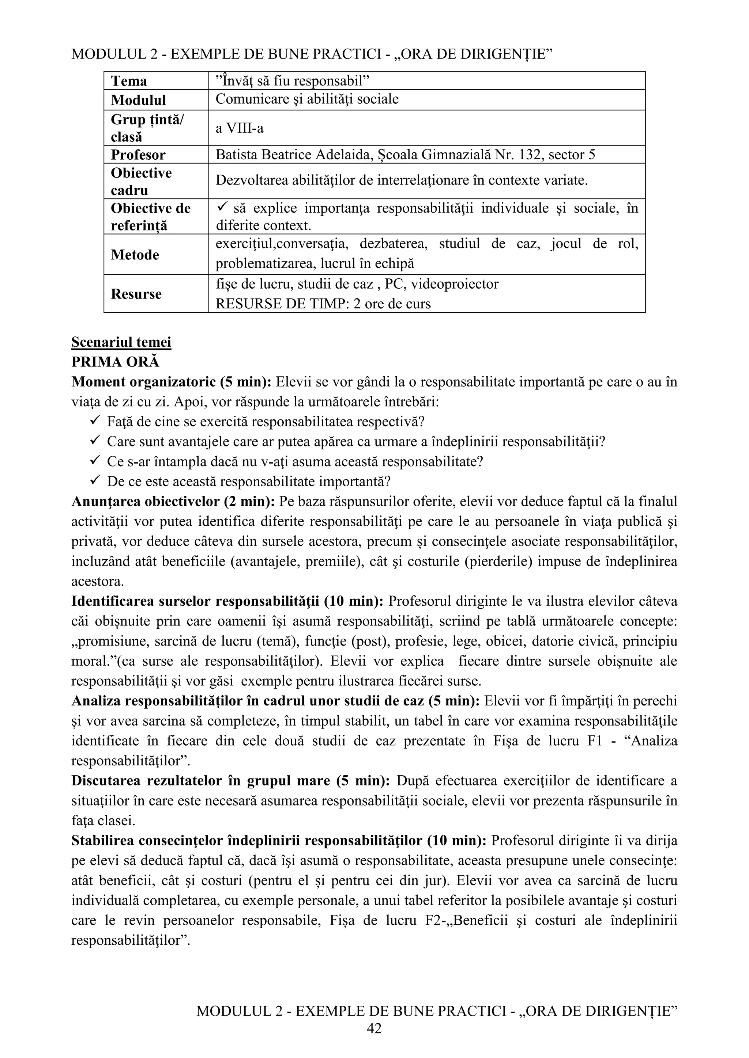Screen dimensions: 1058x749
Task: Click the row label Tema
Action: [129, 81]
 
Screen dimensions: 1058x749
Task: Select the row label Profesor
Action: [138, 155]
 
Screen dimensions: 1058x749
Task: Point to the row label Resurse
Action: [136, 294]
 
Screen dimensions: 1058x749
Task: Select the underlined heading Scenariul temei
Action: [121, 342]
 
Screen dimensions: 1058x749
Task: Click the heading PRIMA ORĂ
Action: [115, 362]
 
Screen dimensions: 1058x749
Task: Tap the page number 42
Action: [374, 1028]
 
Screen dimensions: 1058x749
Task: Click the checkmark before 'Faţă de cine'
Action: [95, 421]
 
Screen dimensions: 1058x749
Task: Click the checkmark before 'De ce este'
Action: [95, 481]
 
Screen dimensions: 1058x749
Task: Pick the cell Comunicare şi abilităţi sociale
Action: [307, 99]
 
